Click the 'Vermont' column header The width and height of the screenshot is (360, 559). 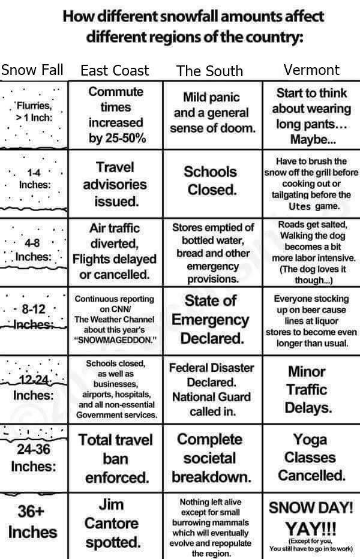[x=311, y=70]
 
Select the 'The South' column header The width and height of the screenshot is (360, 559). [x=210, y=71]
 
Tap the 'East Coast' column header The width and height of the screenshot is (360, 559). [x=115, y=70]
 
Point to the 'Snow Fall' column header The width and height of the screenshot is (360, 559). [x=32, y=70]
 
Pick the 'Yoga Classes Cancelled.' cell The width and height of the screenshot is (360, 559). [x=310, y=457]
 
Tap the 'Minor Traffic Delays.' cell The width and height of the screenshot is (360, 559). [x=310, y=390]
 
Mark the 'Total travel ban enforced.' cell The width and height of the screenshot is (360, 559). [x=115, y=458]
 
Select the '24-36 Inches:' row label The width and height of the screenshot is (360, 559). [x=33, y=457]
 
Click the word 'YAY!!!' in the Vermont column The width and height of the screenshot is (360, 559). [x=310, y=530]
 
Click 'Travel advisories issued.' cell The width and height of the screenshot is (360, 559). [x=115, y=184]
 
